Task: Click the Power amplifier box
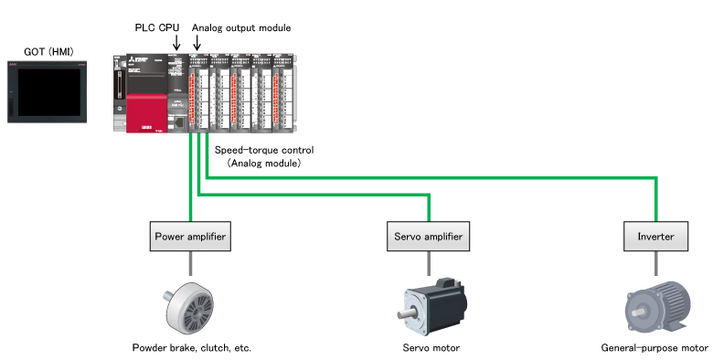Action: coord(189,237)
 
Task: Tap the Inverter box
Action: coord(655,237)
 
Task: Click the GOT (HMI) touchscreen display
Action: coord(46,90)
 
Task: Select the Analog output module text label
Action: coord(241,27)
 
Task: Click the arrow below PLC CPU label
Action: coord(176,42)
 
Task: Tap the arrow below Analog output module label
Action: coord(197,42)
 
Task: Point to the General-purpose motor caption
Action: coord(654,348)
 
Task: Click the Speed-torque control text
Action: coord(264,149)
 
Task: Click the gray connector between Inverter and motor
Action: coord(655,263)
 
